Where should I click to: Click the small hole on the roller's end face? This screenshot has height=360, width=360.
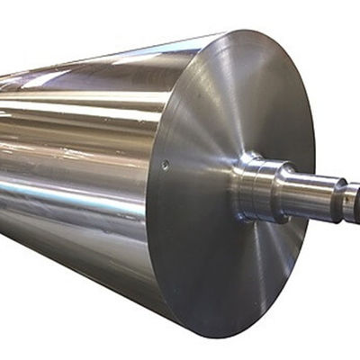165,164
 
